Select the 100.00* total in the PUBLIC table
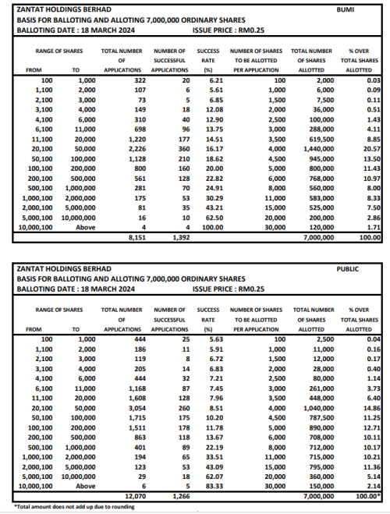point(367,496)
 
